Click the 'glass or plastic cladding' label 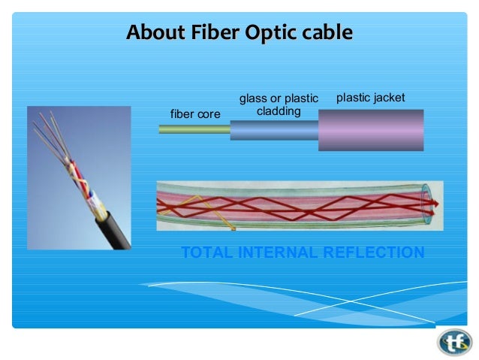[279, 105]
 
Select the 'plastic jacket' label [370, 98]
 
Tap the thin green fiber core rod [194, 129]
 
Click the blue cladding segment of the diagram [273, 130]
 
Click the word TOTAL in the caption [207, 253]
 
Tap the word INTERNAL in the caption [277, 253]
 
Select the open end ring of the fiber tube [427, 203]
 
